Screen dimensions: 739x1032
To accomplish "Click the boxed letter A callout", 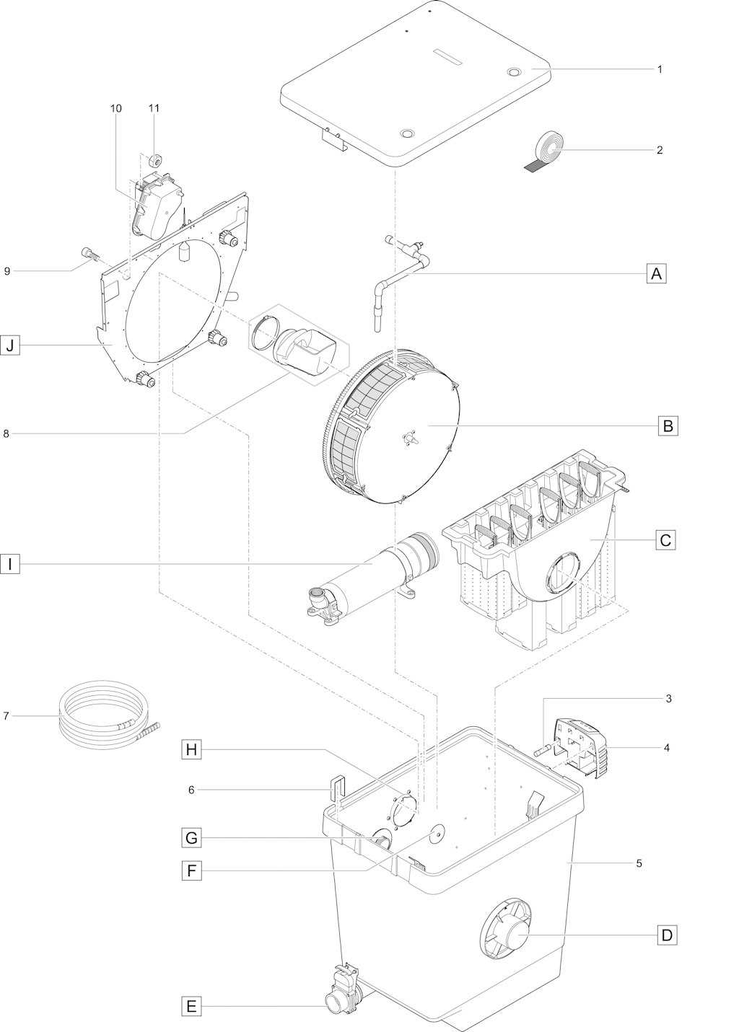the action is (656, 273).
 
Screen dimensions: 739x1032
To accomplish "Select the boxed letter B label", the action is (668, 425).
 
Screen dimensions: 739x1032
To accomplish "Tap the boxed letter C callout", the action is (665, 539).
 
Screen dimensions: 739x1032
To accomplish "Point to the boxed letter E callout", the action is (191, 1003).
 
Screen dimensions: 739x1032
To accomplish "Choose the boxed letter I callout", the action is (10, 563).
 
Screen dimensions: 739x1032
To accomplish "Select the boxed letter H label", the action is (191, 749).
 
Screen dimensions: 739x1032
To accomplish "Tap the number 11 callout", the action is (154, 107).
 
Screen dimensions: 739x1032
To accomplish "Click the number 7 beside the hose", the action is (6, 716).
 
